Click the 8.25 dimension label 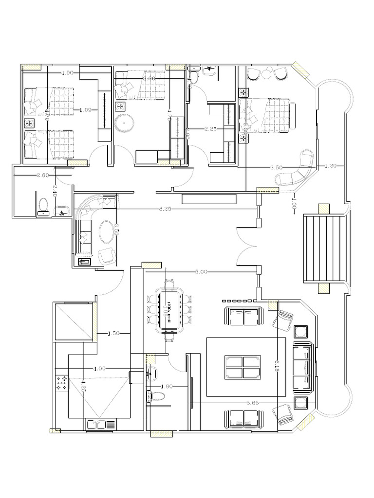tap(165, 209)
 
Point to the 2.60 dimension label tap(42, 176)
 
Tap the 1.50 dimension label tap(114, 333)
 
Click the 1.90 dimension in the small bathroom tap(167, 386)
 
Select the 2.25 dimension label tap(210, 129)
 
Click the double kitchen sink tap(101, 425)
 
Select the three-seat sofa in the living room tap(301, 369)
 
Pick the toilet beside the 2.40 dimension tap(43, 206)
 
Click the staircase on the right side tap(324, 248)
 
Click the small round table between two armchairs tap(267, 74)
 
